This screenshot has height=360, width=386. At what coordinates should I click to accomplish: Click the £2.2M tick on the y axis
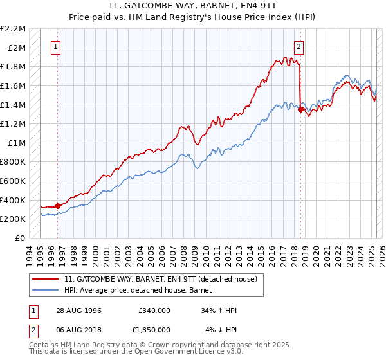[13, 29]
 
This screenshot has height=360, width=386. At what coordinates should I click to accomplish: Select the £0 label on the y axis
[21, 238]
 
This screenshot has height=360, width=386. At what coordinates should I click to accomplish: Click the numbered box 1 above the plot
[56, 46]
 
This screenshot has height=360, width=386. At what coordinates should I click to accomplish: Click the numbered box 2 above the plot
[300, 46]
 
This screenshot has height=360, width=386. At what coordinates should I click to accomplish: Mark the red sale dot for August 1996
[57, 206]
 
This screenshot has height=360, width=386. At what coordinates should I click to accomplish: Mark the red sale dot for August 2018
[300, 109]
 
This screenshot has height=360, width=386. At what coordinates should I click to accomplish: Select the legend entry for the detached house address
[161, 279]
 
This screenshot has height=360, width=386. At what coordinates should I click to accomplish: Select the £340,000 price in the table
[154, 310]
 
